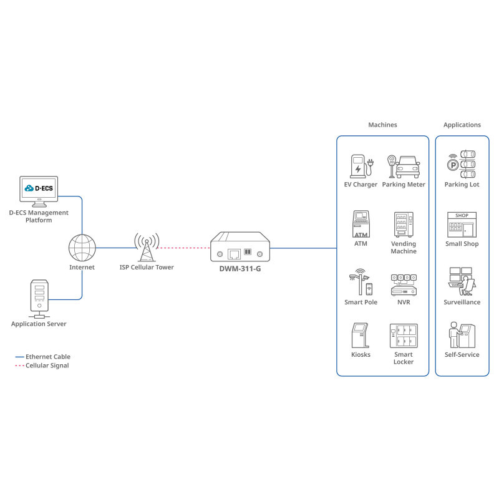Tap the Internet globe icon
[82, 248]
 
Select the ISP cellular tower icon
[147, 248]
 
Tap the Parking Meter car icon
[406, 167]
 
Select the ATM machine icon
[361, 224]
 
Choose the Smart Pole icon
[361, 283]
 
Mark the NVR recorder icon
[403, 283]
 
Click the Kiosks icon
[361, 336]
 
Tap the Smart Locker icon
[403, 336]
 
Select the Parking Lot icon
[462, 164]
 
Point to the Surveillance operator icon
[462, 282]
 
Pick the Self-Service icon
[462, 335]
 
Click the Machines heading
[382, 125]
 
